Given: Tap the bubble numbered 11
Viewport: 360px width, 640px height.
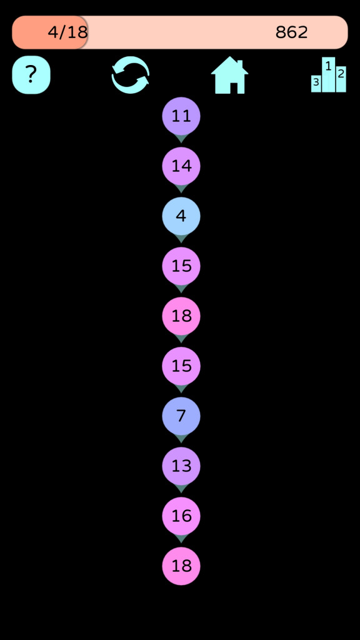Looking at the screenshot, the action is [181, 116].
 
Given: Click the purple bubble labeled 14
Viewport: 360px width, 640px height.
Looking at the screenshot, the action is [181, 166].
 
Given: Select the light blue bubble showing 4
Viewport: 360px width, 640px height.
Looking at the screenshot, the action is [181, 216].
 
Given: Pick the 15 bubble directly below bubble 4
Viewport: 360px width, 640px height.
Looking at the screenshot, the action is [181, 266].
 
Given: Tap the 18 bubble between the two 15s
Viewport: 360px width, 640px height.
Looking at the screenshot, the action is [181, 316].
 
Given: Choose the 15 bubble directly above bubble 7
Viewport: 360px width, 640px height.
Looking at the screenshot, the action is [181, 366].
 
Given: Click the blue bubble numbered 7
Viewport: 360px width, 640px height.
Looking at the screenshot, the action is [181, 416].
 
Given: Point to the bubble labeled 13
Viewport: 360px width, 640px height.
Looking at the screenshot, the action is [181, 466].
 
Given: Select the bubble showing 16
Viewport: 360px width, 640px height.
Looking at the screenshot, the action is [181, 516].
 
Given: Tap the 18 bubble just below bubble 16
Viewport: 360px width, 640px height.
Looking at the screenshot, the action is [181, 566].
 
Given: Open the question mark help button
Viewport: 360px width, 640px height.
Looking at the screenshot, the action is [31, 75].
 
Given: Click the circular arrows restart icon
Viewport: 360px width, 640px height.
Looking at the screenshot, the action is [131, 75].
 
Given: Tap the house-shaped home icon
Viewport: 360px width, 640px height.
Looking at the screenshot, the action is [230, 75].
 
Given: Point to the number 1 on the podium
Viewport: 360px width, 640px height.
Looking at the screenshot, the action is [328, 65].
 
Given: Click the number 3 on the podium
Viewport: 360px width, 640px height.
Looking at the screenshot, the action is [316, 82].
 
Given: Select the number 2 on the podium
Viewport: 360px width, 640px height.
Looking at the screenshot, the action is [341, 74].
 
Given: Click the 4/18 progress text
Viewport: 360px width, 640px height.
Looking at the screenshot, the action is [67, 32].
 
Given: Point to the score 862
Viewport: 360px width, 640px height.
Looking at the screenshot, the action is [292, 32].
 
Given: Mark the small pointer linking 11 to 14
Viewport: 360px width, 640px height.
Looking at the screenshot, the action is [181, 139].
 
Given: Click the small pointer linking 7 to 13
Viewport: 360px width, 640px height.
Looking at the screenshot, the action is [181, 439].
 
